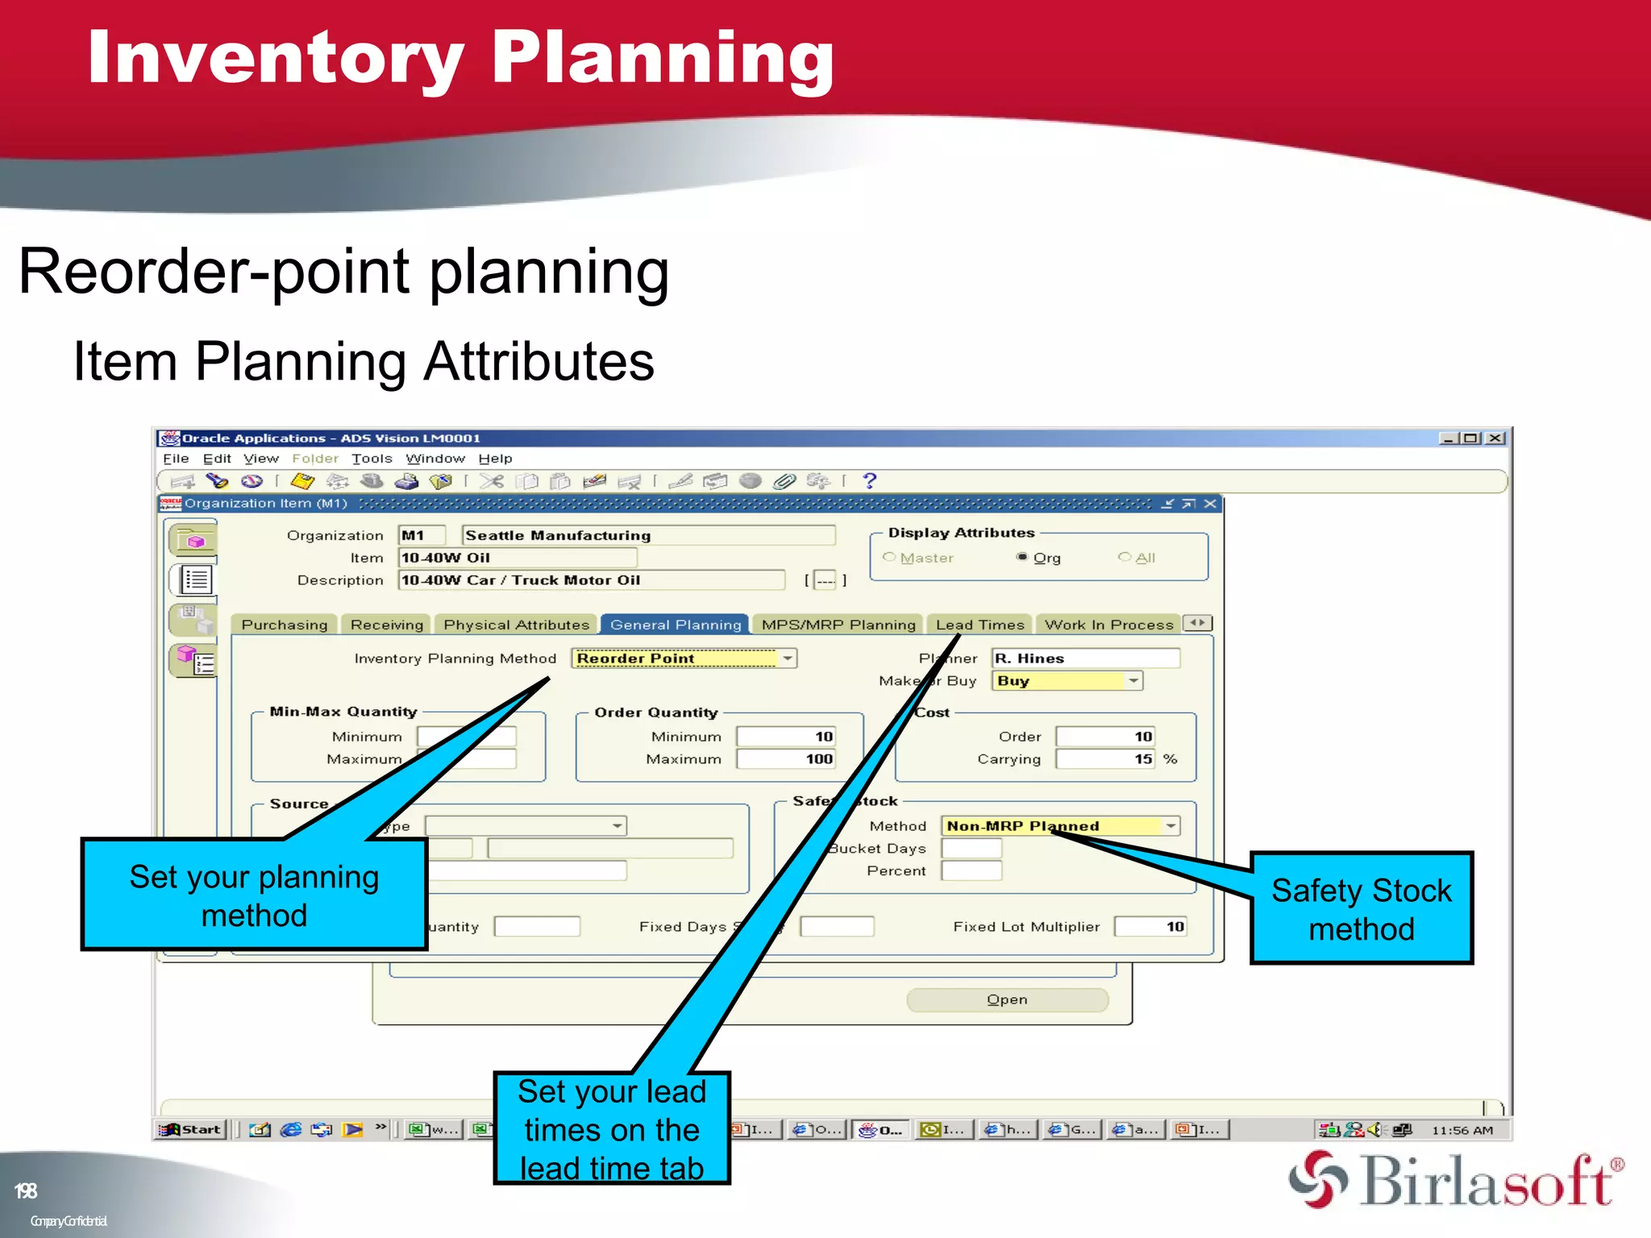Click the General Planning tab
click(x=675, y=625)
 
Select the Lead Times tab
click(x=979, y=625)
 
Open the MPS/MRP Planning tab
click(x=838, y=625)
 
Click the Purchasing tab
click(x=284, y=625)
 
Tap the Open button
click(x=1007, y=999)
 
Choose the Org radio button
click(x=1022, y=557)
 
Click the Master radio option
click(x=889, y=557)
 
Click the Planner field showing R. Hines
click(x=1084, y=658)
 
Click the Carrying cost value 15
click(x=1104, y=759)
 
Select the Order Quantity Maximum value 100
click(x=786, y=759)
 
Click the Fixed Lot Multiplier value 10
click(x=1150, y=927)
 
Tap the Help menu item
click(x=495, y=459)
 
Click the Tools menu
click(x=372, y=459)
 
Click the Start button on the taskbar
click(x=191, y=1129)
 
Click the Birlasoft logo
click(x=1456, y=1182)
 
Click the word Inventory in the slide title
click(x=274, y=58)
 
